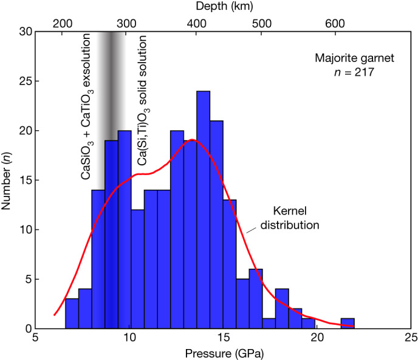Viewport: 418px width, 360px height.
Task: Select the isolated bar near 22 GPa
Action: coord(348,324)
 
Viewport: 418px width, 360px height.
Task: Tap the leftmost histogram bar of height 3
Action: coord(71,313)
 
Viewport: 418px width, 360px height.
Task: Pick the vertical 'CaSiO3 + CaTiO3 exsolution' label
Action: coord(86,106)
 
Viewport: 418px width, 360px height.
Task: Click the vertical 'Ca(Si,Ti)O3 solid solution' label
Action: coord(143,100)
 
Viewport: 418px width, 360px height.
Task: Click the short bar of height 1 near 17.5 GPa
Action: coord(269,323)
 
